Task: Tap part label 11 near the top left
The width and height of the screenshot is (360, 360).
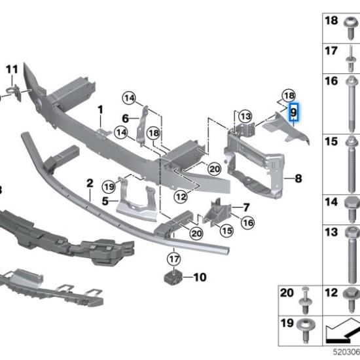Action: (x=12, y=69)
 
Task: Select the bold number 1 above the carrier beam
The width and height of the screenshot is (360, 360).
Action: (x=101, y=109)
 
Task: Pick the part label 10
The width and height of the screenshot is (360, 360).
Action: (x=200, y=278)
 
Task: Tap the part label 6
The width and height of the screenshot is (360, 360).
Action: (x=125, y=118)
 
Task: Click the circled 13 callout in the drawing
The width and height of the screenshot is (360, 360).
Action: (x=245, y=116)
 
